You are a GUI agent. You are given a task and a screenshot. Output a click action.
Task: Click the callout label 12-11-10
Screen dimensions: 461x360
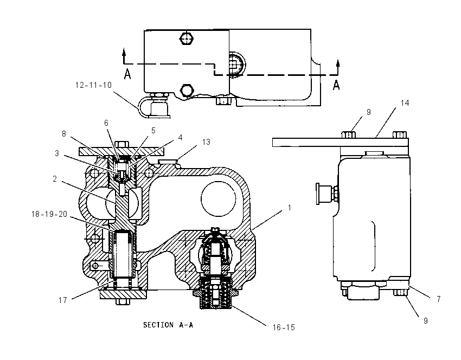point(93,85)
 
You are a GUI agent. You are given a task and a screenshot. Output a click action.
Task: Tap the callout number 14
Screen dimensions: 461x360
point(405,103)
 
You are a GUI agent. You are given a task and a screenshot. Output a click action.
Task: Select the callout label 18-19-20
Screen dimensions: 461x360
point(49,214)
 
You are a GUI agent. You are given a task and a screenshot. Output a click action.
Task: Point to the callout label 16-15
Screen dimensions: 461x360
point(284,327)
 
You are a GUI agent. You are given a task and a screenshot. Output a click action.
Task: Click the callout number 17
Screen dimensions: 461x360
point(62,300)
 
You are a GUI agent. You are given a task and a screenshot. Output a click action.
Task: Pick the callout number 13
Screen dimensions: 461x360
point(206,142)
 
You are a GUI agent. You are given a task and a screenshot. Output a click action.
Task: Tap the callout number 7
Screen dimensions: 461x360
point(439,299)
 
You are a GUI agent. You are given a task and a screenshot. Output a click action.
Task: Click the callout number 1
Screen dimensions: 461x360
point(289,208)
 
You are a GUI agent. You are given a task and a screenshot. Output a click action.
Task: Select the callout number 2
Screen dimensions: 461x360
point(55,179)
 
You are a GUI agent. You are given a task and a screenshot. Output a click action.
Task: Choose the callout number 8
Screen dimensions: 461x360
point(64,134)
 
